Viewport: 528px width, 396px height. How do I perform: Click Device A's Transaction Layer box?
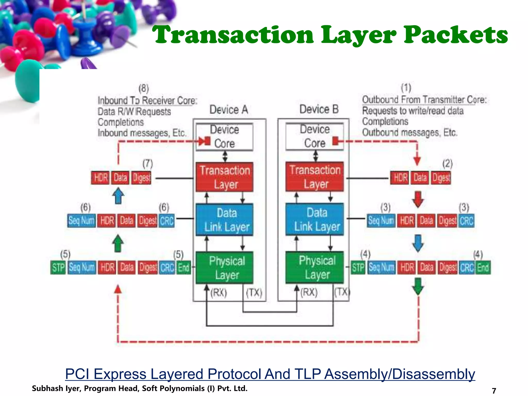tap(224, 177)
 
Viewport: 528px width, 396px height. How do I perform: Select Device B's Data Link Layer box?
tap(315, 219)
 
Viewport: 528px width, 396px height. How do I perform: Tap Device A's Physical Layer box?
tap(224, 268)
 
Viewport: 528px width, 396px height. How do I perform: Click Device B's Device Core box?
tap(315, 136)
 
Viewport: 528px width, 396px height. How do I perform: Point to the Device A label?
tap(229, 110)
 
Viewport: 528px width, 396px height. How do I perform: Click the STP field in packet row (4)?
tap(358, 268)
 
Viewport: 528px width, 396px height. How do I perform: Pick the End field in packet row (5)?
tap(184, 268)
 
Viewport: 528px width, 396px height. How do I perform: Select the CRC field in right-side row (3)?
tap(466, 221)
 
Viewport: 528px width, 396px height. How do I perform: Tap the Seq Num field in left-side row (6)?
tap(81, 221)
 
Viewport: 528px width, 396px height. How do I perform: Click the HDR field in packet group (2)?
tap(400, 178)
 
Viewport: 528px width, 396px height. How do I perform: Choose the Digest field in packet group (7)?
tap(141, 178)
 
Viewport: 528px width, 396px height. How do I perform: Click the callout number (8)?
tap(144, 89)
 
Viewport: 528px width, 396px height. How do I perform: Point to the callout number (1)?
tap(406, 88)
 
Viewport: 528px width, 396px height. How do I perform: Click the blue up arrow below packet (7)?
tap(118, 196)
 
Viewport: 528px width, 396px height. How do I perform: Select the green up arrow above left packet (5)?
tap(118, 243)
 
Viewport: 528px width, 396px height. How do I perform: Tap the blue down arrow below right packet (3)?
tap(418, 243)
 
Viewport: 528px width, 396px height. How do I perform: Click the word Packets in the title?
tap(456, 35)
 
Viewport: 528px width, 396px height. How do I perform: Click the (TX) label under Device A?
tap(254, 293)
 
